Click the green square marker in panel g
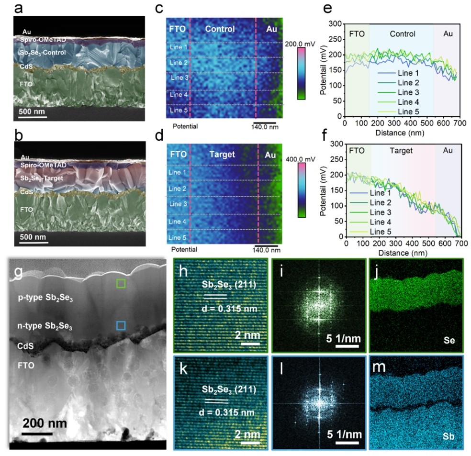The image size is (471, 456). [x=122, y=284]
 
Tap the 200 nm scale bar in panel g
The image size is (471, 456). [x=37, y=434]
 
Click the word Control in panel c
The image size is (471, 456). [x=220, y=29]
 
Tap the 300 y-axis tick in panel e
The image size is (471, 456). [x=336, y=23]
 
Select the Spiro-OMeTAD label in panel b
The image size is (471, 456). [x=43, y=165]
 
